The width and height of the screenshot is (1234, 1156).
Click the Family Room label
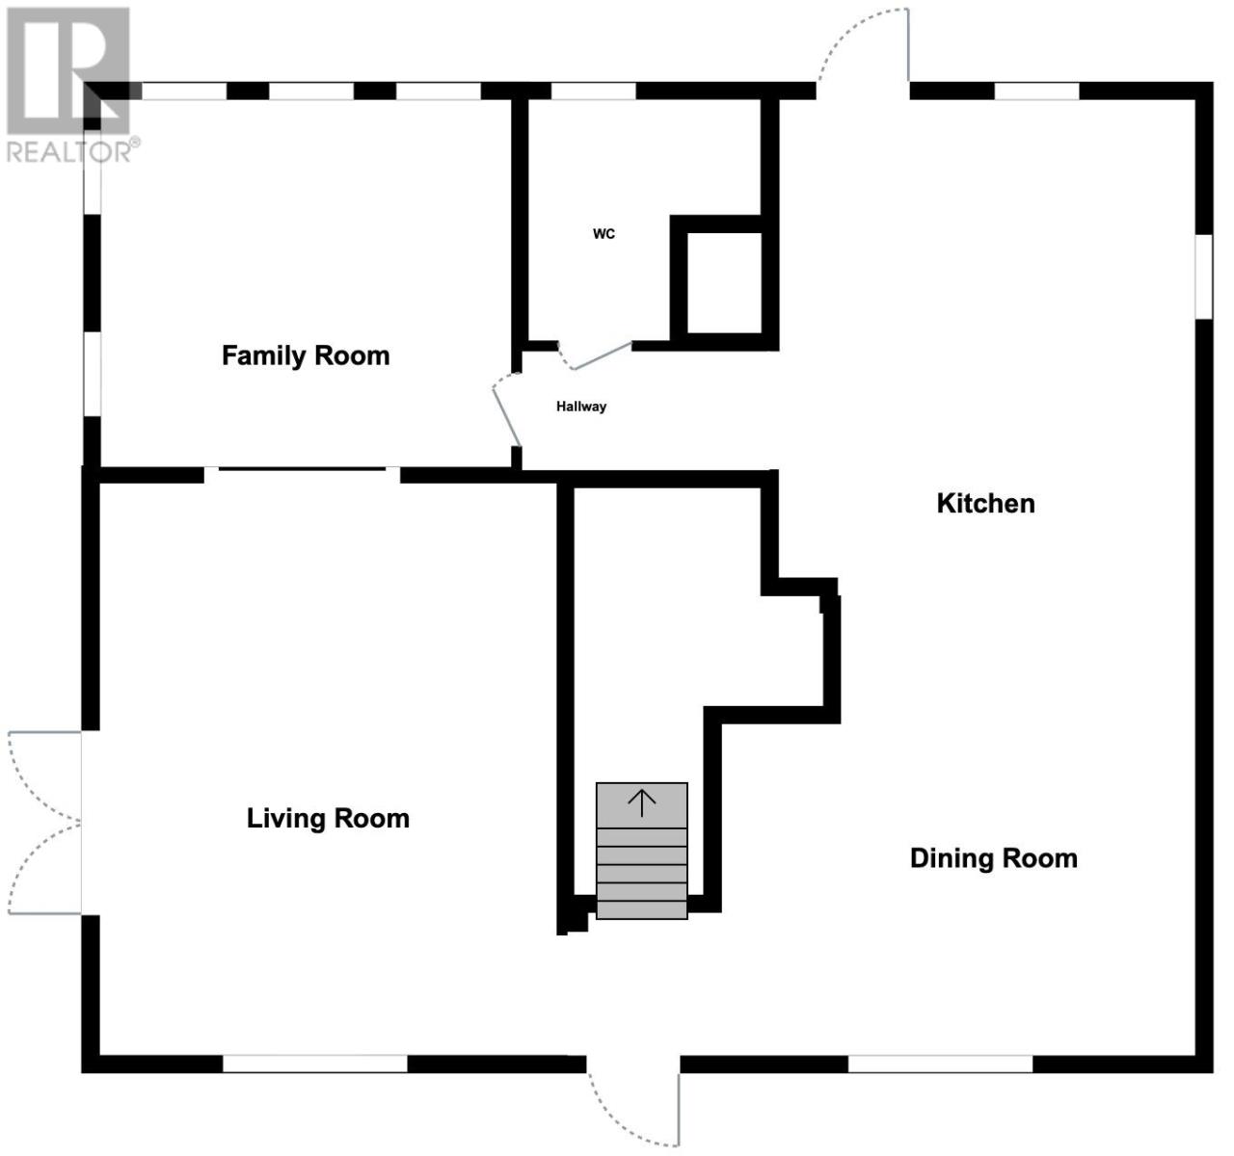coord(306,355)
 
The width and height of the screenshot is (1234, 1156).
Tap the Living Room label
coord(328,819)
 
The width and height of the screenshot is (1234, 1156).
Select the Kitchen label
coord(986,503)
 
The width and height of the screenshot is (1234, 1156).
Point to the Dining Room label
coord(994,858)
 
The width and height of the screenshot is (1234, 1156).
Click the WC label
coord(604,234)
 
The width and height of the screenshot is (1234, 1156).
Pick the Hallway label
coord(581,407)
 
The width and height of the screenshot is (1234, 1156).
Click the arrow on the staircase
coord(642,803)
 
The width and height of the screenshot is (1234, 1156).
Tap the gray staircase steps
coord(642,851)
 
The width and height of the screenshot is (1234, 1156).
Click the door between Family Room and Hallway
coord(507,410)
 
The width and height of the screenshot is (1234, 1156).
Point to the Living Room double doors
coord(44,823)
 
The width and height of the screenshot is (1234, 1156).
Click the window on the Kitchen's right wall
coord(1205,276)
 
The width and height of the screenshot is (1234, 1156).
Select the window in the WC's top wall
coord(594,91)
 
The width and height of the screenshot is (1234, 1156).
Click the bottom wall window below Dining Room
coord(941,1064)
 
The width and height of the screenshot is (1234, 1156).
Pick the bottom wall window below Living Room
coord(315,1064)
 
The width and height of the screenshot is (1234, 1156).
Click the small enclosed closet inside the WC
coord(725,282)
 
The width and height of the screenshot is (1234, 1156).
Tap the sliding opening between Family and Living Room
coord(302,475)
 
